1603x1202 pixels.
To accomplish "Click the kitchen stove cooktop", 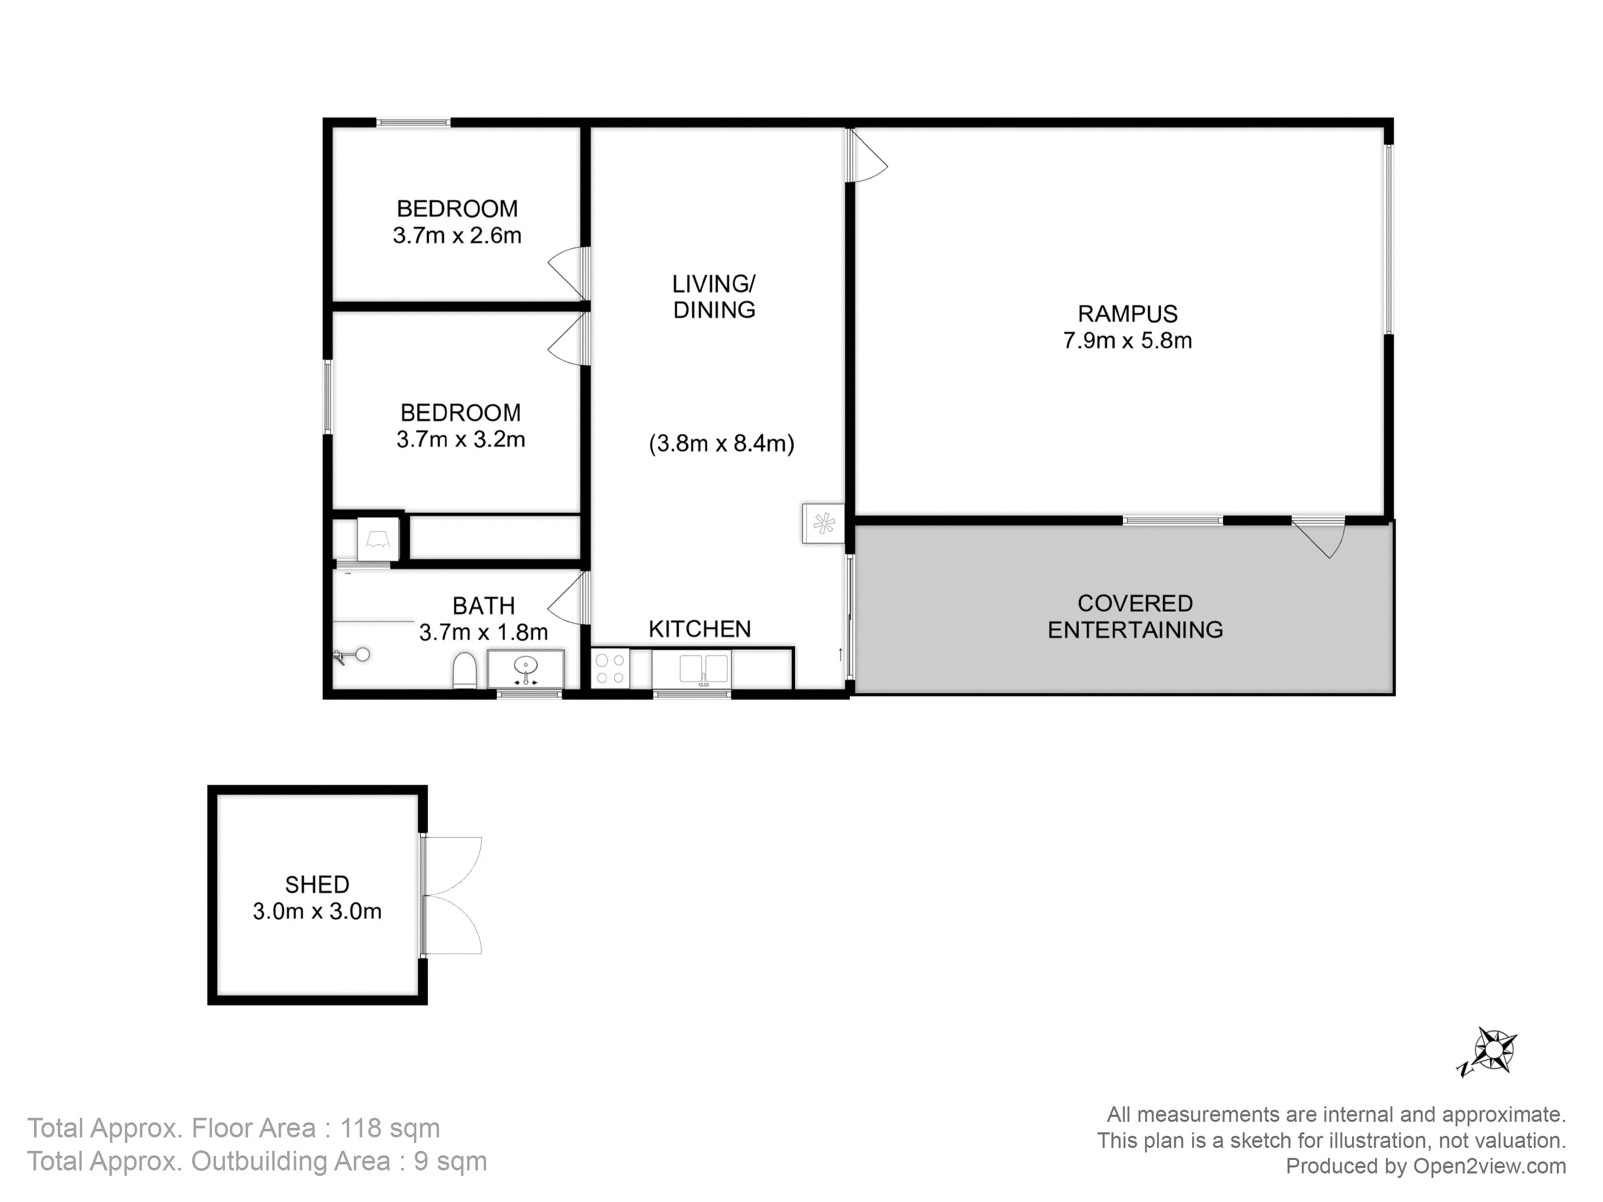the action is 610,669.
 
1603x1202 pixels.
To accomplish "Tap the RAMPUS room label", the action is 1128,314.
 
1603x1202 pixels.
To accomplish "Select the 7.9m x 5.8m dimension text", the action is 1128,341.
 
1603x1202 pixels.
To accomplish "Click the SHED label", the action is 318,884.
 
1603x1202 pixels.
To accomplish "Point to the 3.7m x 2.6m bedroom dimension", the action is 457,235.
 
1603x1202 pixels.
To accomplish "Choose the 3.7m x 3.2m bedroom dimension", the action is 461,439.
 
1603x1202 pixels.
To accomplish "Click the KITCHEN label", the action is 700,629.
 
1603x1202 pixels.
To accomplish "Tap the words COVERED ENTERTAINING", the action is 1136,617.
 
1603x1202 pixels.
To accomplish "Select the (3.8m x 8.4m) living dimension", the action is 722,443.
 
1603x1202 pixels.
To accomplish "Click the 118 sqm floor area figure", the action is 390,1128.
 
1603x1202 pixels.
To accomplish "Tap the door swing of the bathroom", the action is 566,597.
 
